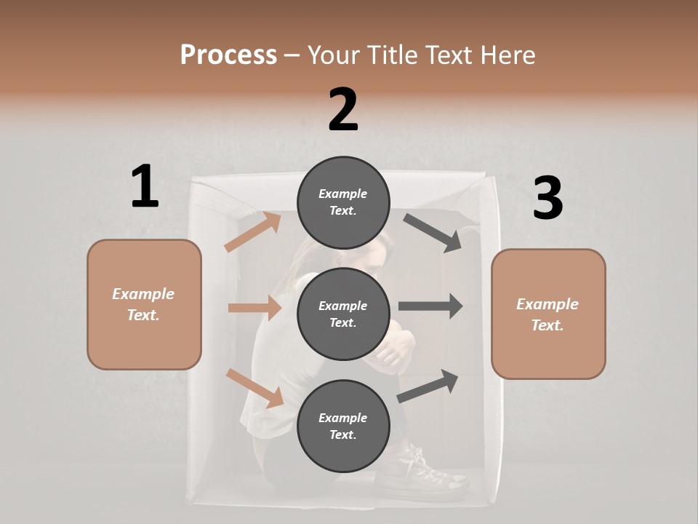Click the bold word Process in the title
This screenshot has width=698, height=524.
tap(228, 55)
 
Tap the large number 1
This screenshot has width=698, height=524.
tap(145, 187)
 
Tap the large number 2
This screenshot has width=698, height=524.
tap(343, 110)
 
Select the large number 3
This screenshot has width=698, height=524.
tap(547, 199)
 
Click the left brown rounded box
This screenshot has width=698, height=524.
tap(144, 304)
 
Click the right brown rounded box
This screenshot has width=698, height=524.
tap(548, 314)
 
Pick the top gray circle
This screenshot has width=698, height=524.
tap(343, 202)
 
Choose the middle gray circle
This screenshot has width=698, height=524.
tap(343, 314)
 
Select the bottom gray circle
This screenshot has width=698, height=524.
tap(343, 426)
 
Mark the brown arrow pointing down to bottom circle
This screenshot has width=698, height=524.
tap(255, 388)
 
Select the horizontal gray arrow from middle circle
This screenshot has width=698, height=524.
tap(430, 306)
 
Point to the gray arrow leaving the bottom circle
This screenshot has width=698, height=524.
tap(428, 386)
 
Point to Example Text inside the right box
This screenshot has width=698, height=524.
tap(547, 314)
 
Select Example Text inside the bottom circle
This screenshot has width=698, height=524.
tap(343, 426)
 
